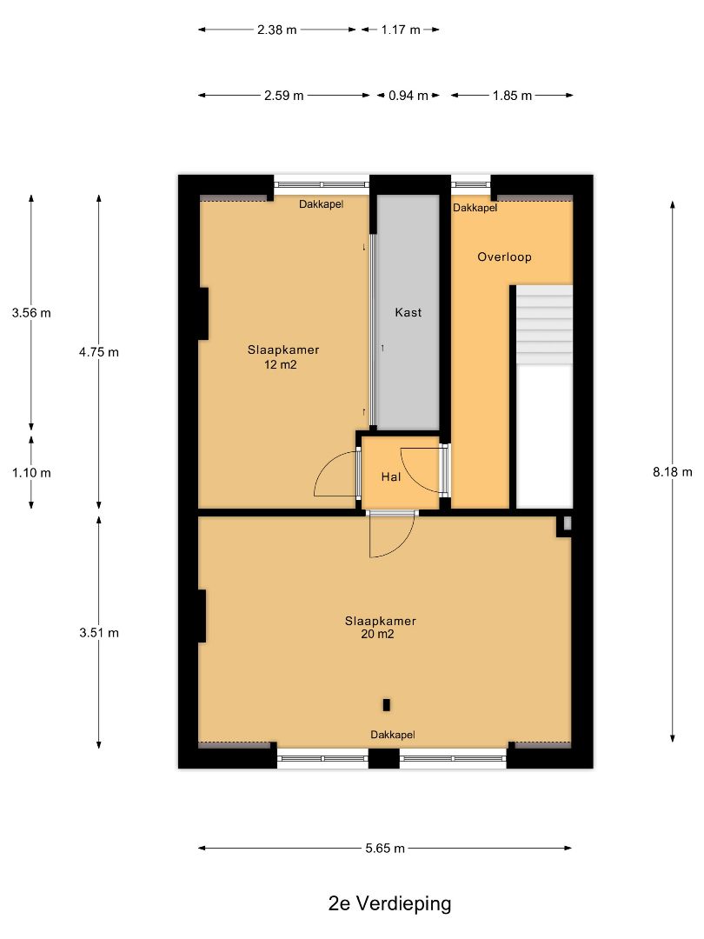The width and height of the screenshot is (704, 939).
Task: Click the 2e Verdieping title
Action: [x=389, y=903]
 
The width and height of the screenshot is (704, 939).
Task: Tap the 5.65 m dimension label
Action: [x=385, y=848]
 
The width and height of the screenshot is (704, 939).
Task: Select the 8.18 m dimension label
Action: [x=672, y=472]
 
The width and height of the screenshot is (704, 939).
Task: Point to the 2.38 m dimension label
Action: [x=276, y=30]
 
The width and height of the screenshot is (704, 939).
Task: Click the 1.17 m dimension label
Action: [x=401, y=30]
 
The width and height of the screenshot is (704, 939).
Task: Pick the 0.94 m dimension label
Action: [x=408, y=96]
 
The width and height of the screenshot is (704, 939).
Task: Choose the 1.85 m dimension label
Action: [x=513, y=96]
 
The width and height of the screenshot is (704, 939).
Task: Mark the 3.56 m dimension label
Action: [x=31, y=313]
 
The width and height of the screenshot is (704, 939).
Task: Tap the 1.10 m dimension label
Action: [x=31, y=472]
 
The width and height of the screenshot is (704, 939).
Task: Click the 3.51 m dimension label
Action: [x=99, y=632]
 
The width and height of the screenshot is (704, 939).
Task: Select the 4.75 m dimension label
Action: [x=99, y=352]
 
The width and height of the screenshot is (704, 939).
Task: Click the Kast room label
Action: [x=408, y=312]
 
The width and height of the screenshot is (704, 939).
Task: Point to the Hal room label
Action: [x=391, y=476]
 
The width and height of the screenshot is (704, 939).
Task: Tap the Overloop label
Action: [x=504, y=256]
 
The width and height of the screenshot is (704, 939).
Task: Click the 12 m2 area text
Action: [x=280, y=364]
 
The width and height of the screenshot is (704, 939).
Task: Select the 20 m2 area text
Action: [x=377, y=634]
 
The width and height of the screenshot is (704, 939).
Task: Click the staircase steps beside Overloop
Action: [x=544, y=324]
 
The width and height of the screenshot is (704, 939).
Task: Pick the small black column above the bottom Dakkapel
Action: [x=386, y=705]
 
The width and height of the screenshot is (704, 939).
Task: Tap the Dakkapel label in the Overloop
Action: [x=475, y=208]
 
